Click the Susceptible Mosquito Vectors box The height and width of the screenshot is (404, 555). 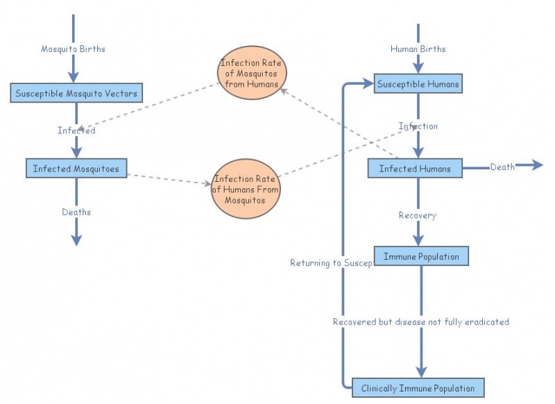76,93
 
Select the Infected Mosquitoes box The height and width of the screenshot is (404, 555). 76,168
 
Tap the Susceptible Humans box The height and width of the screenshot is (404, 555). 418,85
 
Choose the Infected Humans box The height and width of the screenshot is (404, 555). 415,168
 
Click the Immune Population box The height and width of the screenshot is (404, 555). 421,256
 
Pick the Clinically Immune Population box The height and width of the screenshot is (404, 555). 418,388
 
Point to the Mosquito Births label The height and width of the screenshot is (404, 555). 73,49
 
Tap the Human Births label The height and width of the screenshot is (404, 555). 418,49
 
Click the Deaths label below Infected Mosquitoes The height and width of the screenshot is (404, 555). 76,212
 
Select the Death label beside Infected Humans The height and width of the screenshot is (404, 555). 502,167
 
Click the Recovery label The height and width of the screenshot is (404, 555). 417,215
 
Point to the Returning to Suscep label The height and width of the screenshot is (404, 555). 331,263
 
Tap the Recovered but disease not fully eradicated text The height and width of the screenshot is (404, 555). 420,321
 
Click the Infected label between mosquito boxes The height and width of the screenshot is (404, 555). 76,130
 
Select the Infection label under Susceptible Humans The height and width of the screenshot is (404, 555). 418,126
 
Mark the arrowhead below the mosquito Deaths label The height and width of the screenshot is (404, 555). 76,239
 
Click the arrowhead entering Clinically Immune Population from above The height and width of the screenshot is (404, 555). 421,371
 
